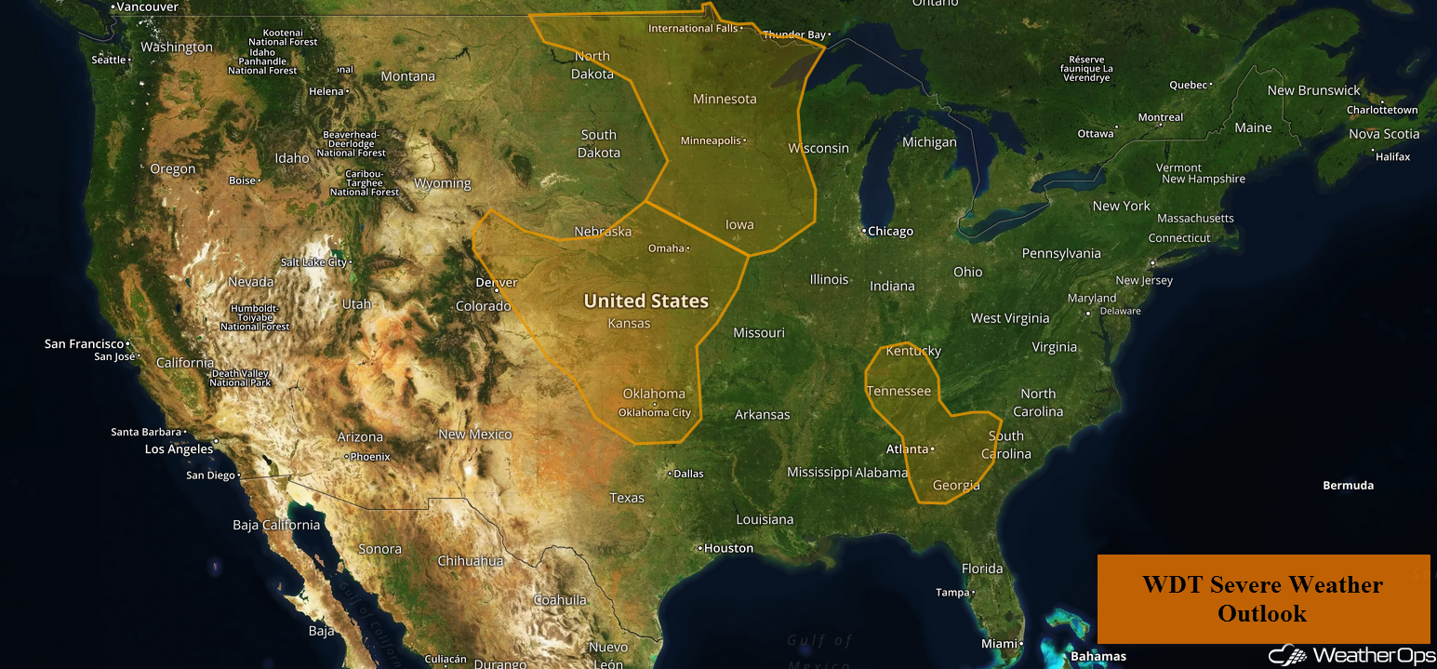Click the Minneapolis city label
pos(712,140)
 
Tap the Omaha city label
pos(666,248)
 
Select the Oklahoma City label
pos(655,412)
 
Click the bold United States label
pos(645,301)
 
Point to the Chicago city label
pos(890,231)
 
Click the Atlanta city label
pos(907,449)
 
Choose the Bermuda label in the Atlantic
pos(1348,485)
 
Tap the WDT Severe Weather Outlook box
pos(1262,598)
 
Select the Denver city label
pos(496,282)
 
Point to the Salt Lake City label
pos(313,262)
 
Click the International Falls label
pos(693,28)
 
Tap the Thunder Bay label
pos(793,35)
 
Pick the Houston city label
pos(728,548)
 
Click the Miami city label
pos(1000,644)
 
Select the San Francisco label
pos(84,343)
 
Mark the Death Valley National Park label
pos(241,378)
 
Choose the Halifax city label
pos(1392,156)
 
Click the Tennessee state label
pos(898,391)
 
